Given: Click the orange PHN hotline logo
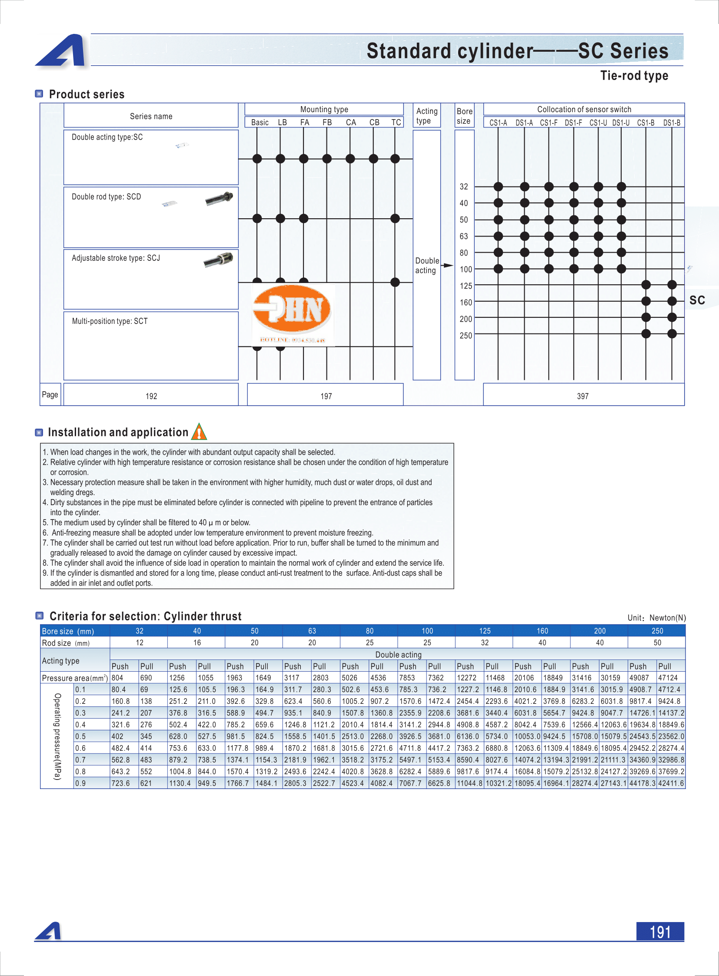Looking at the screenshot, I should (293, 314).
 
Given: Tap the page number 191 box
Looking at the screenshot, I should (659, 931).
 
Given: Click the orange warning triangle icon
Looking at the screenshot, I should (199, 432).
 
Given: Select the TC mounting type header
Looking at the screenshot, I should (396, 122).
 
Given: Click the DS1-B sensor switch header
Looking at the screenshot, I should (671, 123).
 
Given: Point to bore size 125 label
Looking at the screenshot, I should (465, 286).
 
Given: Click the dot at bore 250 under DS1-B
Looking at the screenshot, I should (672, 334).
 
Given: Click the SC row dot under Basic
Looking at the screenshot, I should (257, 158).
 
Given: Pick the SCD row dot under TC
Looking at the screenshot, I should (395, 219).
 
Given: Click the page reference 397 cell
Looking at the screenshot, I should (583, 396).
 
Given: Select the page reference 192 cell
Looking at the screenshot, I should (151, 396).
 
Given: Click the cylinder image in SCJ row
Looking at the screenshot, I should (219, 260).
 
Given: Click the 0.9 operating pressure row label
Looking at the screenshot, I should (80, 783).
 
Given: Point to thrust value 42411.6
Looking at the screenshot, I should (671, 783).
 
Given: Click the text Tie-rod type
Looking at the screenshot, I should (634, 76).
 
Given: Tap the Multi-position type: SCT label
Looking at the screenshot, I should (110, 321).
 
